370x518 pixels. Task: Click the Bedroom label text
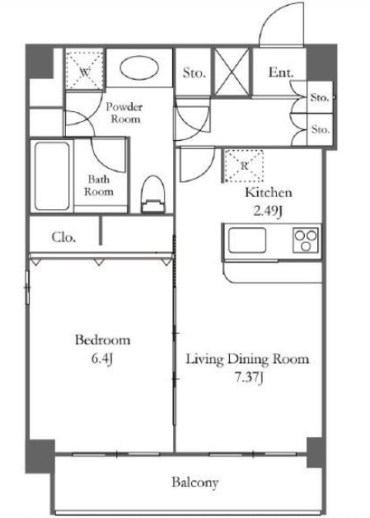tap(102, 340)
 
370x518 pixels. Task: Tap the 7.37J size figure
tap(249, 378)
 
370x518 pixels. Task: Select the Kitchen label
tap(269, 192)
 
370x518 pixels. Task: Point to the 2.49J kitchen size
tap(268, 211)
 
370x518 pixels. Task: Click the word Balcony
tap(194, 483)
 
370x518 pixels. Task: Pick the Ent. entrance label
tap(281, 72)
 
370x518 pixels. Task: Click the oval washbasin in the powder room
tap(139, 69)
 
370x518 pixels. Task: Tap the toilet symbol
tap(153, 194)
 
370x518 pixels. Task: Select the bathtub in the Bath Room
tap(52, 176)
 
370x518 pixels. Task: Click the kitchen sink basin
tap(247, 240)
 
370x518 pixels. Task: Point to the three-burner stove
tap(306, 240)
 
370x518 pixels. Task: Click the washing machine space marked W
tap(84, 68)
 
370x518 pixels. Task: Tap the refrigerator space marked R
tap(244, 166)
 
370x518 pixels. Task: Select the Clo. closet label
tap(63, 237)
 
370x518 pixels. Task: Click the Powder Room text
tap(124, 113)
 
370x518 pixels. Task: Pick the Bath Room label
tap(99, 185)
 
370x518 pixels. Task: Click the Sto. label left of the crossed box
tap(194, 72)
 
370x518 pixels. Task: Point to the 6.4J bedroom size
tap(102, 359)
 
